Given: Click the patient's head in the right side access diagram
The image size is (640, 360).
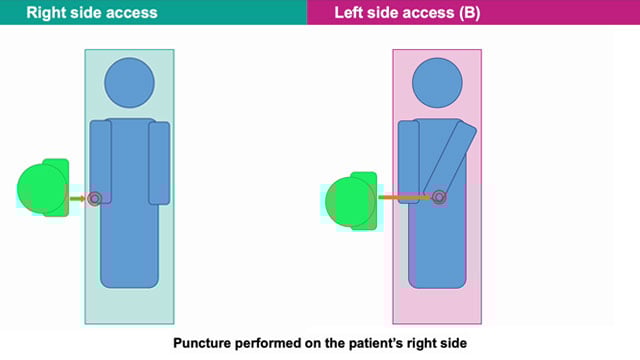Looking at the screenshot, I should pyautogui.click(x=128, y=83).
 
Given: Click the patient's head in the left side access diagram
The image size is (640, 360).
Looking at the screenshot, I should pyautogui.click(x=437, y=83).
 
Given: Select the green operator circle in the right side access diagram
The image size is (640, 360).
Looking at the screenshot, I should pyautogui.click(x=41, y=189).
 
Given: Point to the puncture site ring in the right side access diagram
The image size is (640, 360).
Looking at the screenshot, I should pyautogui.click(x=95, y=198).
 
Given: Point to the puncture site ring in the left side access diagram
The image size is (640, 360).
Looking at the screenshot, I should pyautogui.click(x=438, y=197).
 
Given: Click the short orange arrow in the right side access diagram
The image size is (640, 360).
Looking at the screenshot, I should pyautogui.click(x=77, y=198).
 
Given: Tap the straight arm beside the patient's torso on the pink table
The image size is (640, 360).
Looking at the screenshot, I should pyautogui.click(x=407, y=160).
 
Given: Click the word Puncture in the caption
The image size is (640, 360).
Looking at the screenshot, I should pyautogui.click(x=206, y=342).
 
